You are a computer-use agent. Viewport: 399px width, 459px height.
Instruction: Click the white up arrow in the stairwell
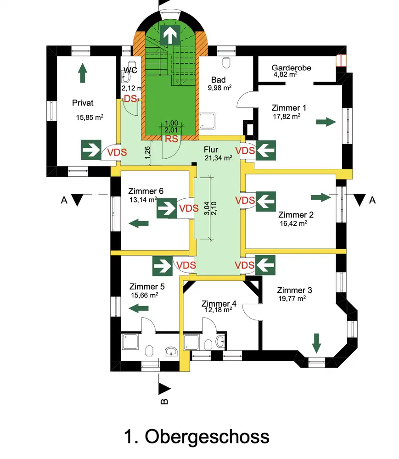pos(170,35)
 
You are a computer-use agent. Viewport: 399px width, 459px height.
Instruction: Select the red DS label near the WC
pos(130,99)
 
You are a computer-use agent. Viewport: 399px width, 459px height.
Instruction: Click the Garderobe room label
pos(291,67)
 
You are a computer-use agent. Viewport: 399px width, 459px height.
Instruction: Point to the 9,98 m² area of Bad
pos(220,89)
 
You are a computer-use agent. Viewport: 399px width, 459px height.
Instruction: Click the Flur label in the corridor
pos(212,150)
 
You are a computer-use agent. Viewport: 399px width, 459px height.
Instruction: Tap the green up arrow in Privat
pos(82,73)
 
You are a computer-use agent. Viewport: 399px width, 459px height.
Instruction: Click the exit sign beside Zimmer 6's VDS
pos(166,208)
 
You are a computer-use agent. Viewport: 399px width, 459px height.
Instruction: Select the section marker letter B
pos(164,401)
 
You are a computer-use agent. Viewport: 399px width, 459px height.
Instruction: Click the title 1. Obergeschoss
pos(197,437)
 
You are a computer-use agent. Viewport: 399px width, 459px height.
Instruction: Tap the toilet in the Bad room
pos(225,62)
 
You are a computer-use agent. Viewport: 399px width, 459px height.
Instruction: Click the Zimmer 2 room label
pos(292,215)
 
